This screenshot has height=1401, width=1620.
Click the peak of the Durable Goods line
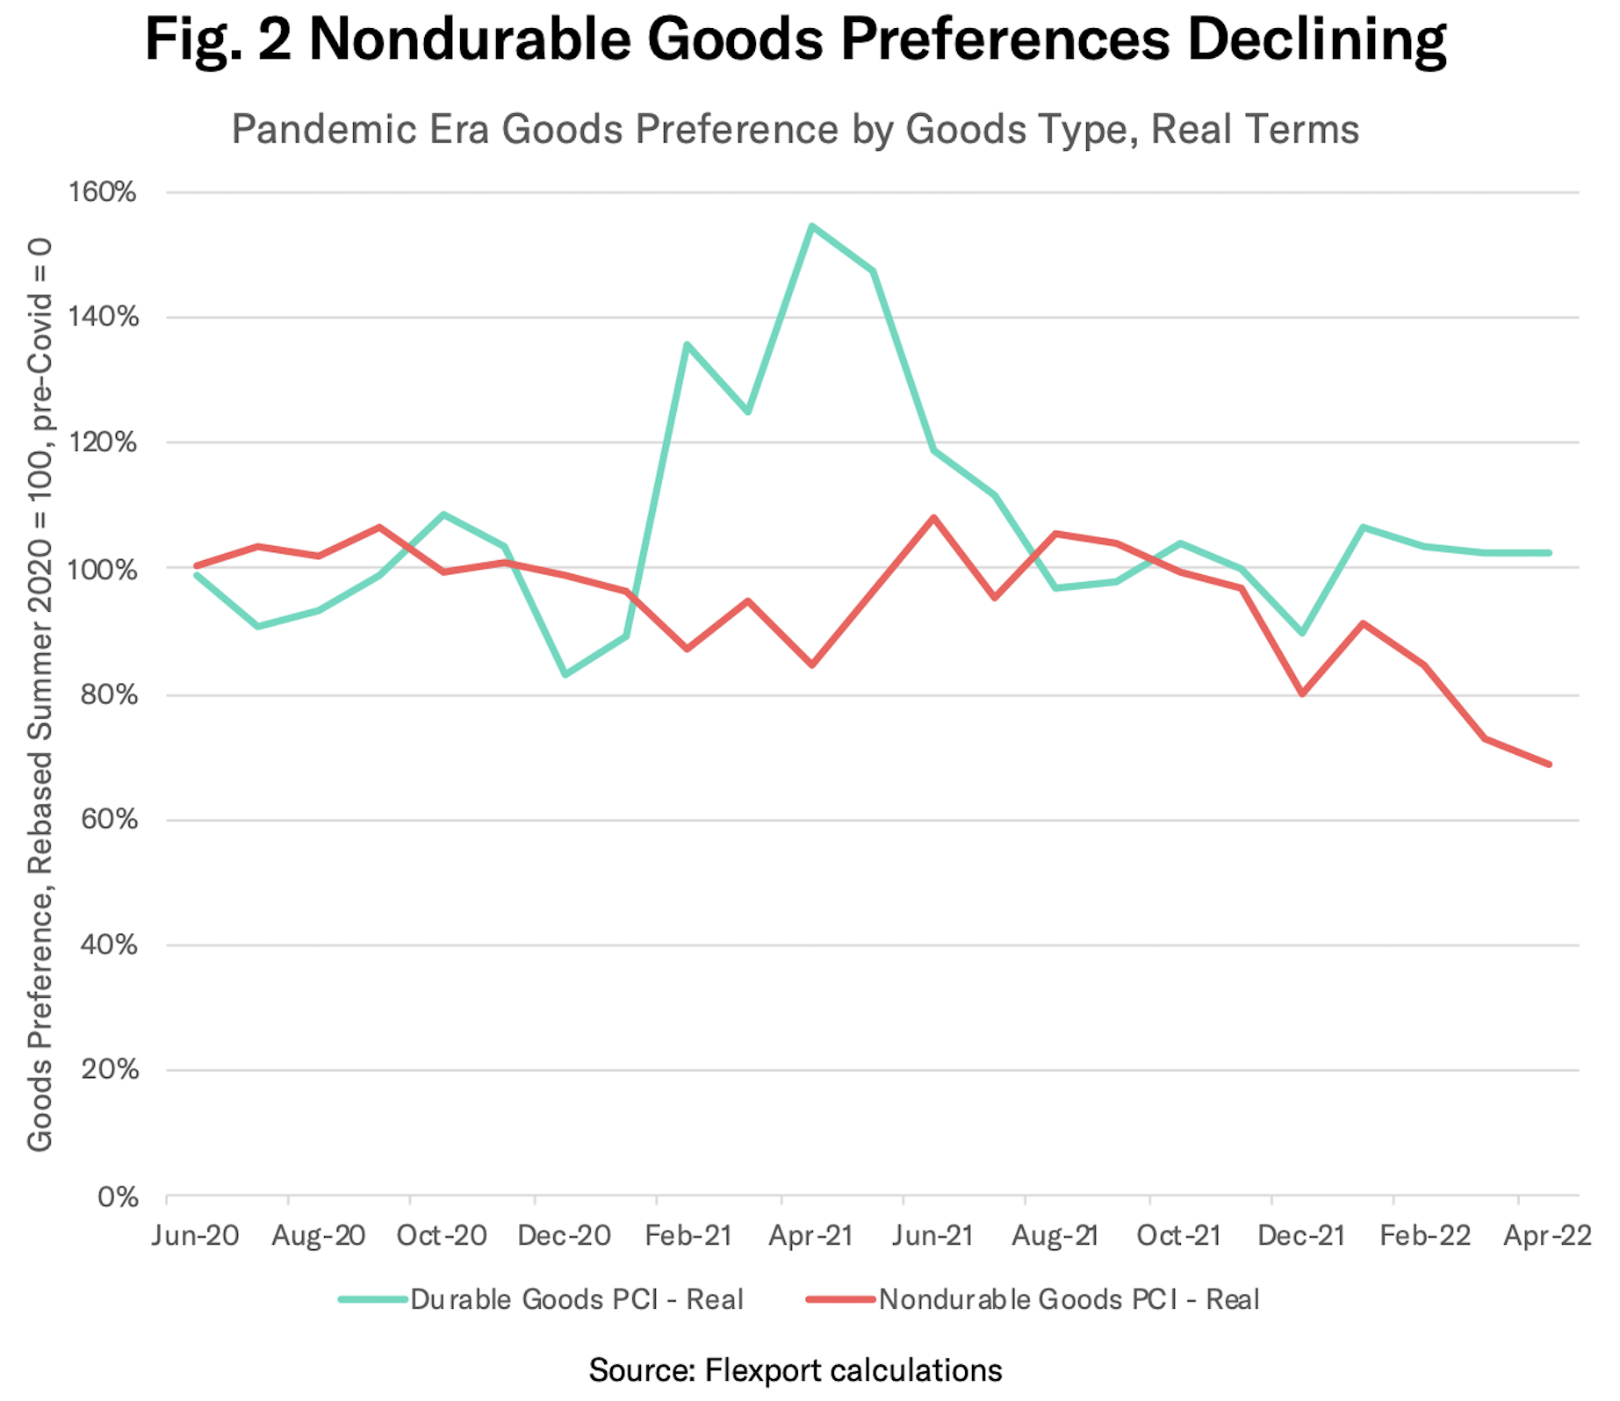pos(812,226)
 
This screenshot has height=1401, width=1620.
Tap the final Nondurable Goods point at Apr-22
pos(1550,765)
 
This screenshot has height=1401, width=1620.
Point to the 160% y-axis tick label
pos(103,191)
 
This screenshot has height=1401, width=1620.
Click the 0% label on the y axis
pos(118,1197)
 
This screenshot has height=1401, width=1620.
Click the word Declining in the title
pos(1318,40)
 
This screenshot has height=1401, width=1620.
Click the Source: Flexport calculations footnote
pos(795,1370)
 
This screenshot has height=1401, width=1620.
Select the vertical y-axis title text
pos(40,693)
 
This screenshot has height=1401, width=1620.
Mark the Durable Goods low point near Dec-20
pos(565,674)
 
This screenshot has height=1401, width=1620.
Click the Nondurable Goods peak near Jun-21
pos(934,518)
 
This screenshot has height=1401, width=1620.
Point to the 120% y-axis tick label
pos(104,443)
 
